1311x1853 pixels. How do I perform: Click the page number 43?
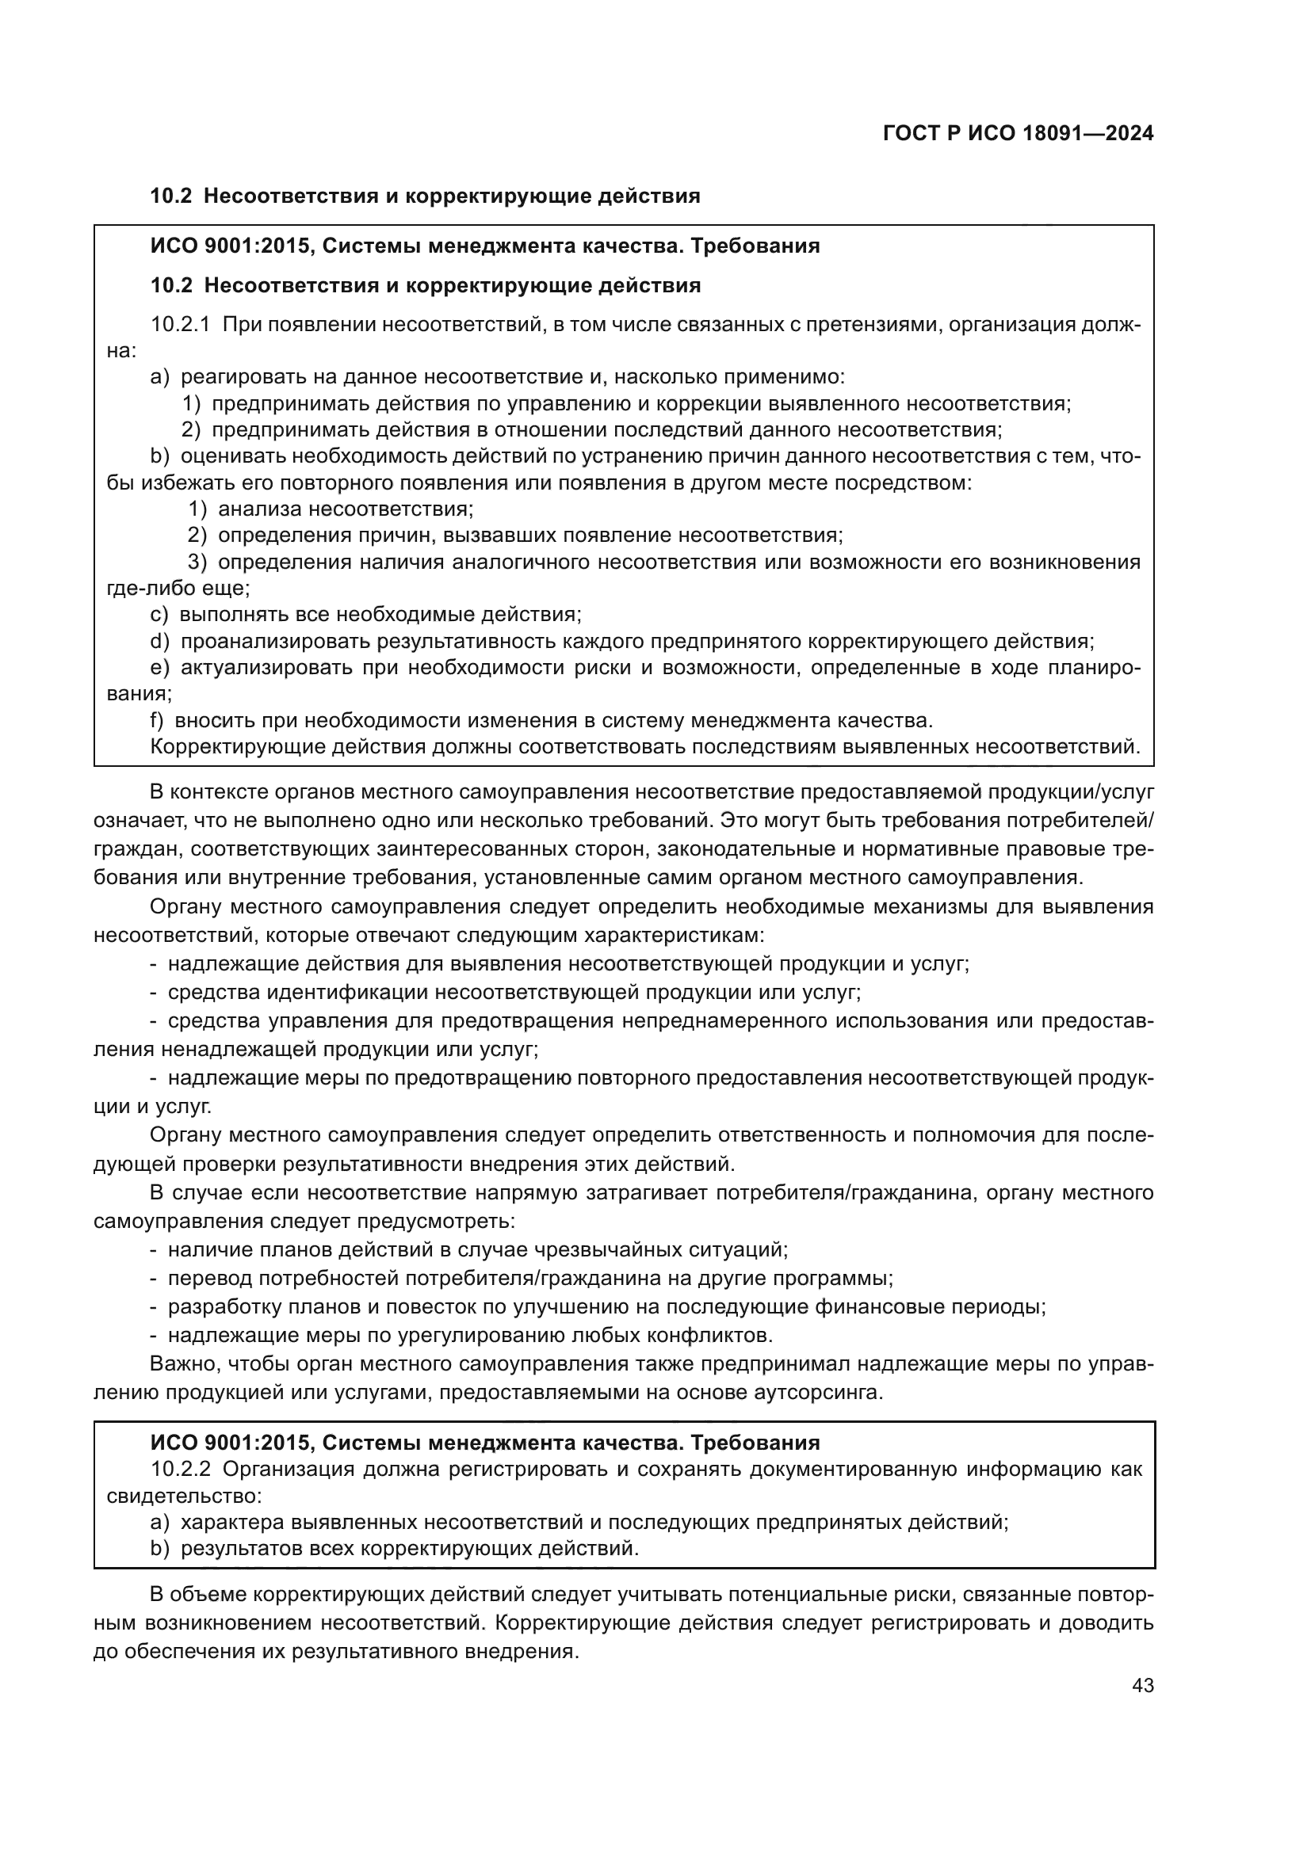click(x=1142, y=1686)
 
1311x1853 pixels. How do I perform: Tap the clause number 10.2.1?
click(x=180, y=326)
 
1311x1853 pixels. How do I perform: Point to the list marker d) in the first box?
click(x=160, y=642)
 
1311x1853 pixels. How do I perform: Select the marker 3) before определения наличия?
click(x=197, y=562)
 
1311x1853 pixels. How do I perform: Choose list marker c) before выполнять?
click(x=159, y=615)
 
